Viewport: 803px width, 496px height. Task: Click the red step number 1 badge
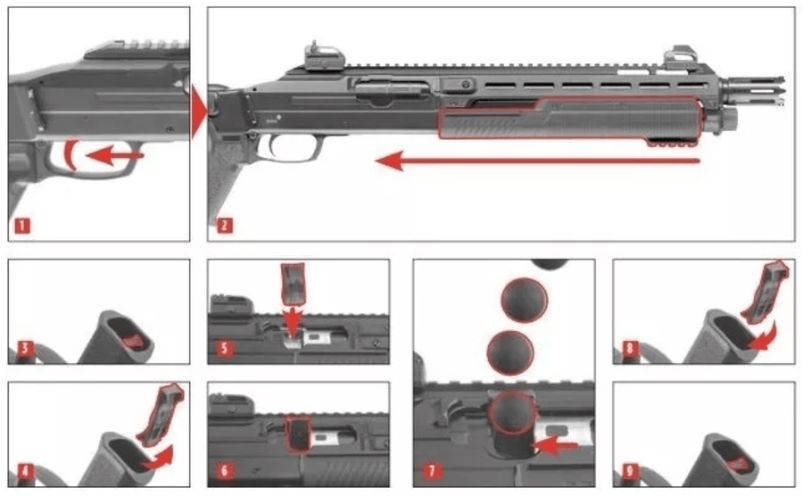tap(22, 225)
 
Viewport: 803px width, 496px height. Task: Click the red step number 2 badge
tap(224, 225)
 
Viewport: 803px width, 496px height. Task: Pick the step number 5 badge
tap(224, 349)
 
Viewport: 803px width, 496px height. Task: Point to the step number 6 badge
tap(224, 471)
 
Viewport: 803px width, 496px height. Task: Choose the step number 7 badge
tap(431, 471)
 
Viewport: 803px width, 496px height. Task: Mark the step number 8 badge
tap(629, 349)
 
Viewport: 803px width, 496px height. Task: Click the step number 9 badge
tap(629, 471)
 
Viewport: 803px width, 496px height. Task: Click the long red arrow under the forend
tap(538, 161)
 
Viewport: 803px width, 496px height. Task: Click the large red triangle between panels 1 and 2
tap(199, 112)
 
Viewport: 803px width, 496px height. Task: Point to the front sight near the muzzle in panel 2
tap(680, 58)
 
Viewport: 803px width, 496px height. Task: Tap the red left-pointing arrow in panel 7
tap(555, 446)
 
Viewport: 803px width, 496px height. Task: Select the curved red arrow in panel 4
tap(158, 459)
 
